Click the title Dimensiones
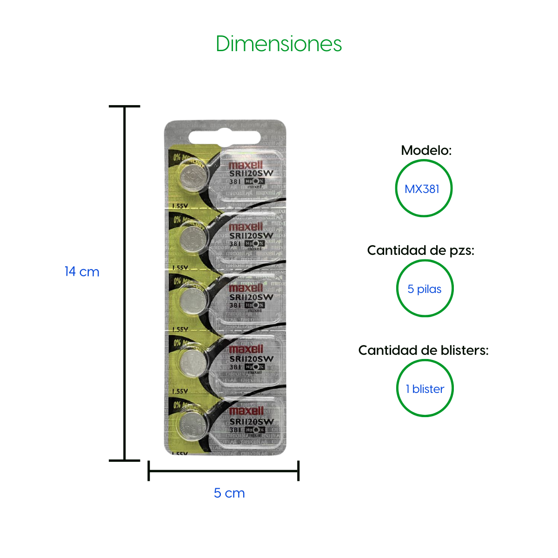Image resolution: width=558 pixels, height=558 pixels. coord(279,44)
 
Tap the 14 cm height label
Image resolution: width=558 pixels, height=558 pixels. coord(82,272)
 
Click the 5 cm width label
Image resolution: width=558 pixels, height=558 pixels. coord(229,493)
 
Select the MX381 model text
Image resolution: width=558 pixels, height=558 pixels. coord(422,189)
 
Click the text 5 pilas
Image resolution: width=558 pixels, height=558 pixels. coord(424,289)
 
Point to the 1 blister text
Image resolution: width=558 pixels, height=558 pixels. coord(425,389)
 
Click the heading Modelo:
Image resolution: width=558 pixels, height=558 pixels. coord(426,150)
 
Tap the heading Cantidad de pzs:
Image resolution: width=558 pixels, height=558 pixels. coord(420,250)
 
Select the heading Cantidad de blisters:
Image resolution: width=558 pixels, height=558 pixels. coord(423,350)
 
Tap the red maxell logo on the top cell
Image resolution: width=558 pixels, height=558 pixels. coord(246,165)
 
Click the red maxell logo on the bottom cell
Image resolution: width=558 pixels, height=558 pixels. coord(246,411)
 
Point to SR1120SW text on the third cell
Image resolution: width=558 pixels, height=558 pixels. coord(251,297)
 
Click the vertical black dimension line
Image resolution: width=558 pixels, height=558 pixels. coord(125,284)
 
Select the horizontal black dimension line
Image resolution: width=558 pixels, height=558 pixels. coord(223,471)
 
